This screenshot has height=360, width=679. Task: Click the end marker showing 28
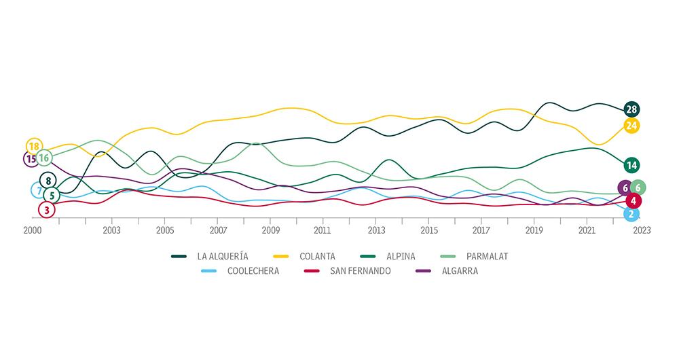[x=631, y=109]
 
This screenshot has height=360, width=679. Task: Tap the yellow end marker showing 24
[x=631, y=126]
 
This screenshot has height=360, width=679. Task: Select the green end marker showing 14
[x=631, y=165]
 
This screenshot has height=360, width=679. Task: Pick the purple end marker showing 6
[x=625, y=188]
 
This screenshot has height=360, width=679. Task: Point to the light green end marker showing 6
[x=637, y=188]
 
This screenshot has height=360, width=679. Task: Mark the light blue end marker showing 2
[x=632, y=214]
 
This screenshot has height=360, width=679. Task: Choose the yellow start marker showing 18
[x=34, y=147]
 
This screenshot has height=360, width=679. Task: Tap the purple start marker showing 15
[x=31, y=159]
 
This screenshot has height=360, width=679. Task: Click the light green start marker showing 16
[x=44, y=158]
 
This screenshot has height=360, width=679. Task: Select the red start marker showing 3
[x=46, y=209]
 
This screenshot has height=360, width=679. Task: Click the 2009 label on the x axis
[x=270, y=230]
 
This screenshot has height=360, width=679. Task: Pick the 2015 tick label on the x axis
[x=428, y=230]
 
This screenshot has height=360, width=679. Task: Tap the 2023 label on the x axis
[x=640, y=230]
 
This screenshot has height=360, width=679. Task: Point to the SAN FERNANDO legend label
[x=360, y=271]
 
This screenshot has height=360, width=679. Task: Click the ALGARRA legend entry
[x=459, y=271]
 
